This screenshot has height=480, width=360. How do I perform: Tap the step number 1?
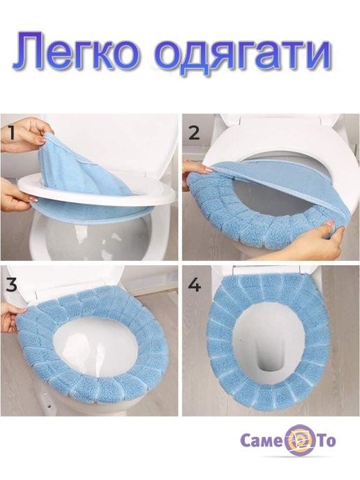(11, 133)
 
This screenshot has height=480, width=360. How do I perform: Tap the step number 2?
(195, 133)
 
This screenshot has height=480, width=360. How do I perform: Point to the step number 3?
(12, 285)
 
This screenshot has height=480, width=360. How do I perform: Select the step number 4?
(195, 285)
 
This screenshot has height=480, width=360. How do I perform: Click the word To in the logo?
(325, 441)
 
